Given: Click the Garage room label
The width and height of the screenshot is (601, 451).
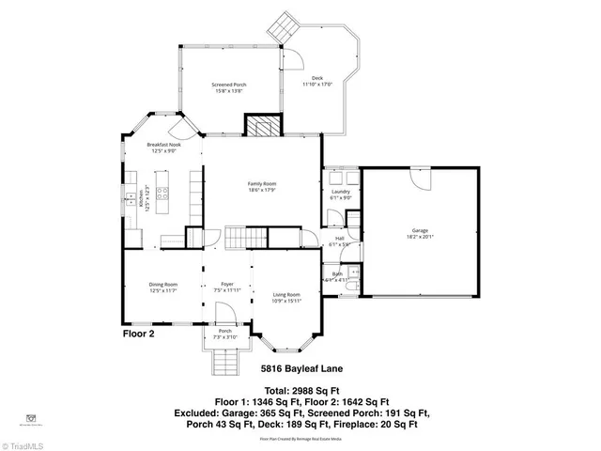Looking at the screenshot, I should point(420,231).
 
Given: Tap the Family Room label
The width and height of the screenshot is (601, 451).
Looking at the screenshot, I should point(262,186).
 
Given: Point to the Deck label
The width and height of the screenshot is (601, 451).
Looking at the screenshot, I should point(316,81).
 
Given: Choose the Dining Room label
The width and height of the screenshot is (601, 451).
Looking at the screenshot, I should point(164,288).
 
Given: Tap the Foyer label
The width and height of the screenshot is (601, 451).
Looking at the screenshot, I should point(227,288).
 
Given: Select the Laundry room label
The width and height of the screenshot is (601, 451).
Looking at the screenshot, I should point(340,194).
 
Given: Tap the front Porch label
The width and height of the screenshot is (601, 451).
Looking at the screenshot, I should point(225,334).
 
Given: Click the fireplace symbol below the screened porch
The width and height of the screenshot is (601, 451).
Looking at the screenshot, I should point(256,126).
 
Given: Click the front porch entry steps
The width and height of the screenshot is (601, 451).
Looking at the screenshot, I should point(225,360).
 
